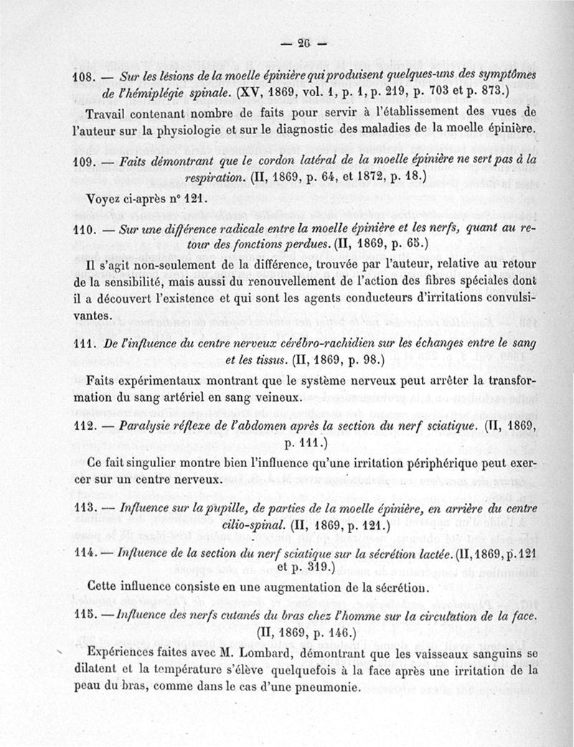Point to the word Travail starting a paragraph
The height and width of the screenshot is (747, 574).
click(108, 115)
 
